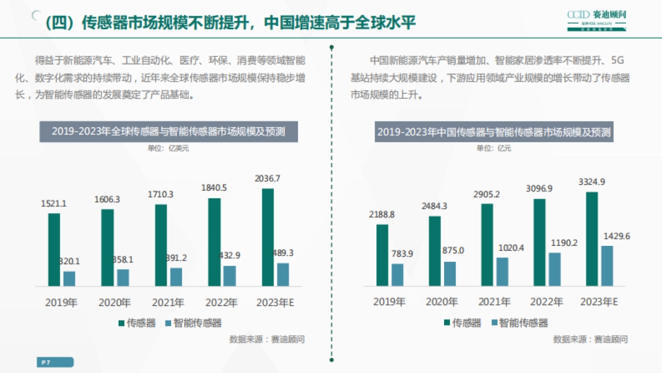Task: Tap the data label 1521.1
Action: click(x=54, y=203)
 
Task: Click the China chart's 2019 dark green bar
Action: click(x=382, y=255)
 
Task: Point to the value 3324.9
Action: click(x=592, y=182)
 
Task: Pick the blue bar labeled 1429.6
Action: click(x=607, y=266)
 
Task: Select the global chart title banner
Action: click(x=168, y=132)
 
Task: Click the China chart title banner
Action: click(x=494, y=132)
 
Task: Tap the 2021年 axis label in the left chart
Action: click(x=168, y=303)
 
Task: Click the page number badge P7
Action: click(x=55, y=363)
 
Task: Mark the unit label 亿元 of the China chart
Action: click(x=494, y=148)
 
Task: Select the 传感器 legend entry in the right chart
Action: click(x=462, y=323)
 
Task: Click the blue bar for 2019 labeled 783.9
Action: click(x=398, y=275)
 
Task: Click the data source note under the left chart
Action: click(x=266, y=339)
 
